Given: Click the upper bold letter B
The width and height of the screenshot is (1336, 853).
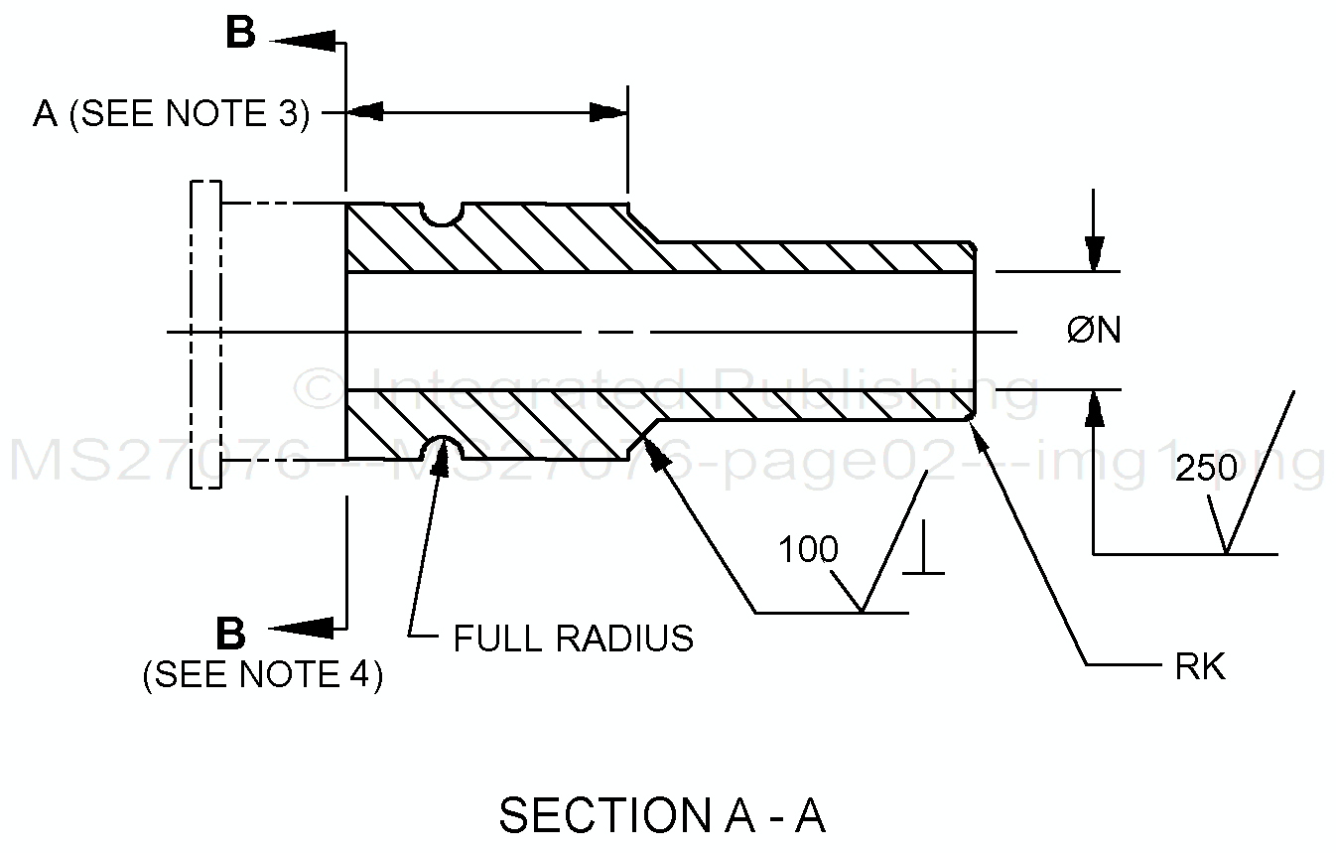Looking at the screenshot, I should [x=240, y=34].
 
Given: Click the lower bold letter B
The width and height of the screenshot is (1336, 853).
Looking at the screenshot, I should [x=230, y=633].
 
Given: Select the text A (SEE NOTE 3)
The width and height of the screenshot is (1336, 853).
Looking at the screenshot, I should [x=171, y=114].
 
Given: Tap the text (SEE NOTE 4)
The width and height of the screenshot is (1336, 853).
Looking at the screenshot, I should [x=263, y=675].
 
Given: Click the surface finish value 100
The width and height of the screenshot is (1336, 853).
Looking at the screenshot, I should [x=808, y=549].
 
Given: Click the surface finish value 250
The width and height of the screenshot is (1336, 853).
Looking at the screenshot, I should [x=1206, y=469].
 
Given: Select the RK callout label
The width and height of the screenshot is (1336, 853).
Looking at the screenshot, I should [x=1200, y=667].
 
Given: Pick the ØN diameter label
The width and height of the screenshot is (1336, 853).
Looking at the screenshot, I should [x=1094, y=331].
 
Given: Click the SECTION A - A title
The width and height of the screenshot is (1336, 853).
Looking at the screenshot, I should [x=662, y=815].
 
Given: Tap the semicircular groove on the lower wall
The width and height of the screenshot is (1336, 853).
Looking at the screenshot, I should [x=443, y=449].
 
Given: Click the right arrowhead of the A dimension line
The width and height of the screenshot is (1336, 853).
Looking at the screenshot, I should [x=607, y=112].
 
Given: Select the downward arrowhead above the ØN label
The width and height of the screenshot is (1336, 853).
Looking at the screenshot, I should [x=1094, y=254].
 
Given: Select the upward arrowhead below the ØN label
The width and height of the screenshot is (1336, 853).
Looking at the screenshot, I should [x=1094, y=407].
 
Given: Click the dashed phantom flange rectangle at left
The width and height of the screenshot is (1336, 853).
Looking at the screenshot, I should [x=206, y=334].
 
